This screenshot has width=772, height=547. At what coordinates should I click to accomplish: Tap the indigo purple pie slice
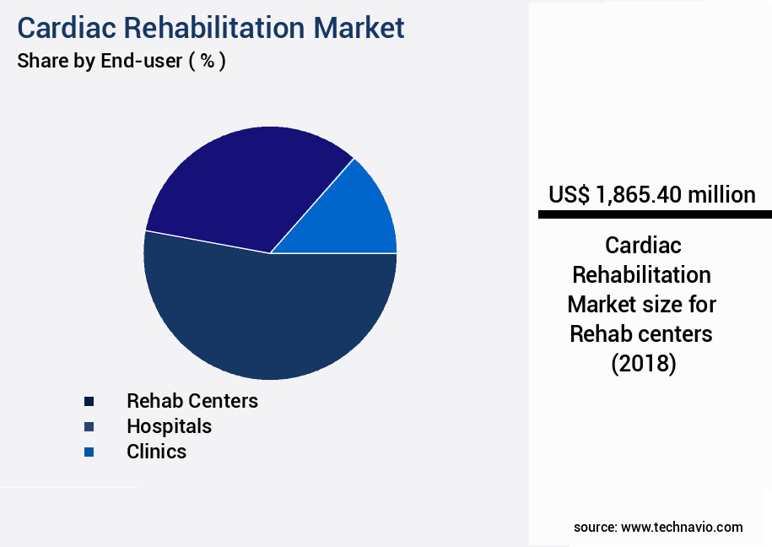[x=245, y=186]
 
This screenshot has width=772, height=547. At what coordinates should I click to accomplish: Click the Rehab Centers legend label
[x=192, y=400]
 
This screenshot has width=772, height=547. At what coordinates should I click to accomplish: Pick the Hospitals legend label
[x=169, y=426]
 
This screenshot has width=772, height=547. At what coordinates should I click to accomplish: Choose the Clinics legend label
[x=156, y=452]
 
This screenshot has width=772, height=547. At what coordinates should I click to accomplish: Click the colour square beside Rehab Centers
[x=89, y=401]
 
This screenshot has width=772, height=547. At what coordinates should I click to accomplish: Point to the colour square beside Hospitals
[x=89, y=426]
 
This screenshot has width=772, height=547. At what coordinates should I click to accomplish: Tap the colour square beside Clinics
[x=89, y=452]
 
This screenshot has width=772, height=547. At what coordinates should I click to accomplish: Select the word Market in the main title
[x=359, y=27]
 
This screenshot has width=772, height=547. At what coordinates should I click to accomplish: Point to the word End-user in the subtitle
[x=138, y=62]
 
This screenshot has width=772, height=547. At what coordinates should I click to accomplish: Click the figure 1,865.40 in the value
[x=638, y=195]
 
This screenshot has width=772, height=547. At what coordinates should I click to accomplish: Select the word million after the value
[x=721, y=195]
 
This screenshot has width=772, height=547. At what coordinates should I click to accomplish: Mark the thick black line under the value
[x=655, y=215]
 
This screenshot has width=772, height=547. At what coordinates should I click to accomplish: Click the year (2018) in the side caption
[x=642, y=364]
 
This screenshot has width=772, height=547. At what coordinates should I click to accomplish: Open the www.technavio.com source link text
[x=682, y=527]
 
